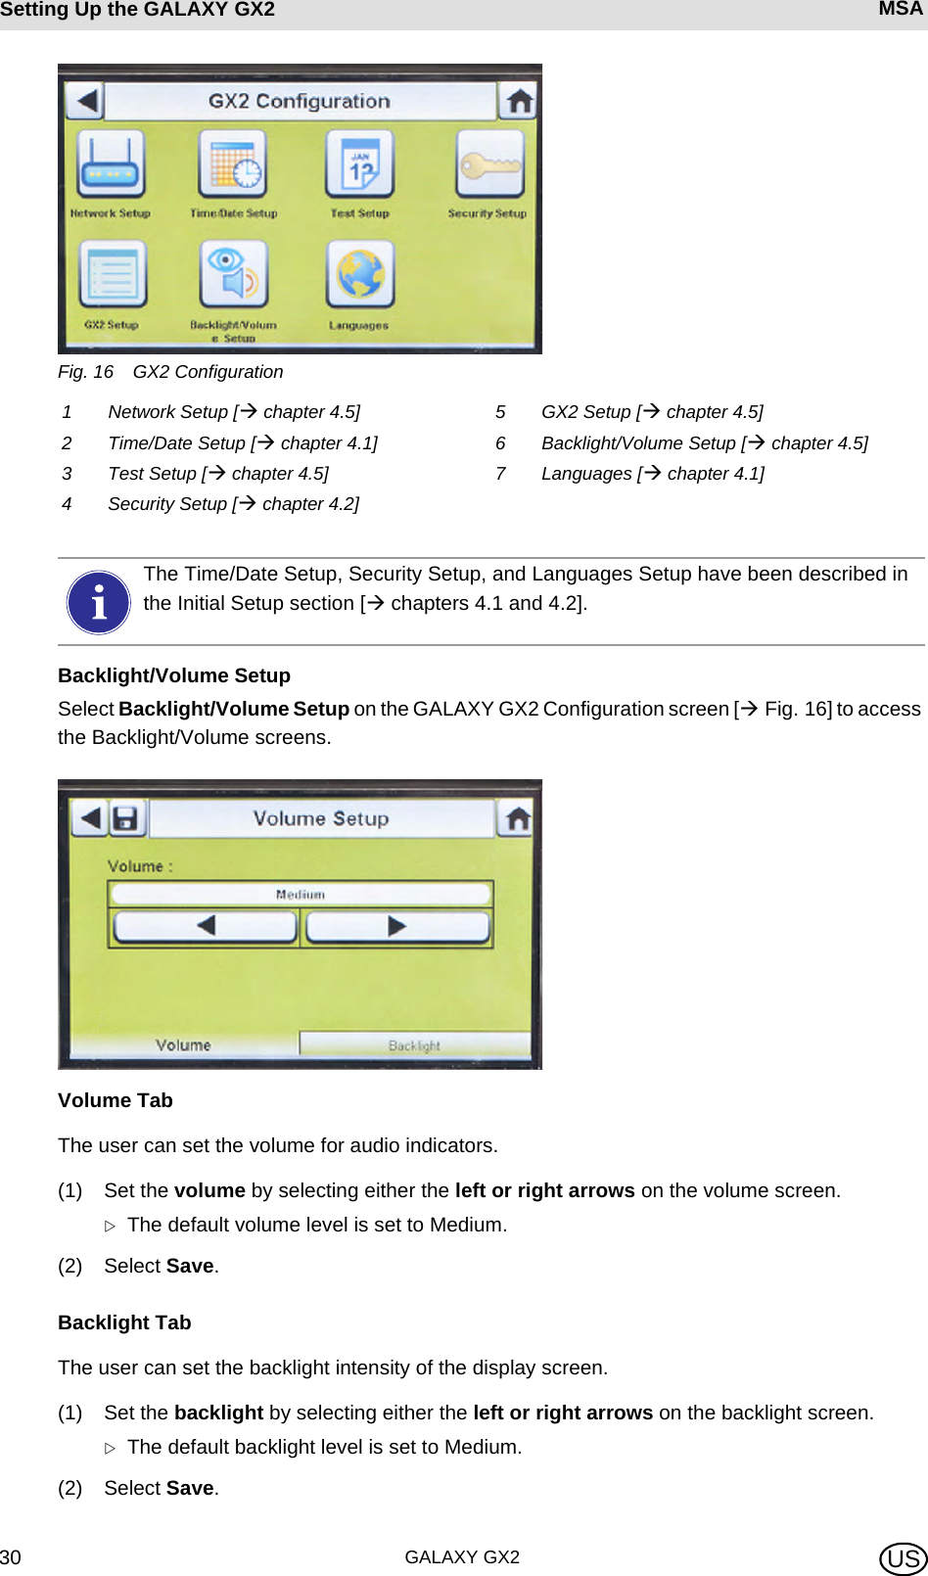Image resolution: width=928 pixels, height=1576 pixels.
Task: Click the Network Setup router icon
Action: pos(111,164)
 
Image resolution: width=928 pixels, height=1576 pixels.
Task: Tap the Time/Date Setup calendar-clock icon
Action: pos(233,164)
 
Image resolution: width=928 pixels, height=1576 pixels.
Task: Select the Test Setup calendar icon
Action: pos(360,164)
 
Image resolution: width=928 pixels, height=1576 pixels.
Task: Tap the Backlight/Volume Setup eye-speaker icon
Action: pos(233,275)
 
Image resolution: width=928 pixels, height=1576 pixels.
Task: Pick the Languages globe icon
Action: pos(360,275)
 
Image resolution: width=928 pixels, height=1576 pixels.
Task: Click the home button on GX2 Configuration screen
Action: pos(519,100)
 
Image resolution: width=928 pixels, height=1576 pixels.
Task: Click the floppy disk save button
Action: pos(125,818)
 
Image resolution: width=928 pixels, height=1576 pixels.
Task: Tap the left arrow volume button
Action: pos(205,926)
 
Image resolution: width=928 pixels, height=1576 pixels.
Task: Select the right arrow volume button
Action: pos(396,926)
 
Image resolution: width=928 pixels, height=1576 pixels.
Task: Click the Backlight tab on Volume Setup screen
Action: pos(414,1044)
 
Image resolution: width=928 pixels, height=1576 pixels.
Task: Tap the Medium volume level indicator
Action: pos(300,894)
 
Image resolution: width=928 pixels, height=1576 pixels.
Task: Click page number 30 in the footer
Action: pos(11,1557)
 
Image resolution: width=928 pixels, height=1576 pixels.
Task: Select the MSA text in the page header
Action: pos(900,10)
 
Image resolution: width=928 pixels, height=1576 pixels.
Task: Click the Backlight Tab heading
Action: pos(124,1322)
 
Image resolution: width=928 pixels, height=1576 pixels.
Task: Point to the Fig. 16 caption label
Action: pos(86,372)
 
